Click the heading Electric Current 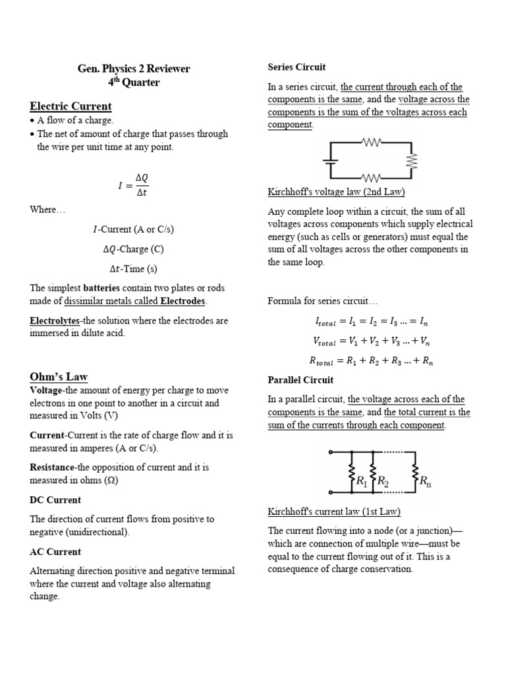[x=70, y=106]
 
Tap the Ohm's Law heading [x=59, y=377]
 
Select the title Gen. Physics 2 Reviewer [x=134, y=69]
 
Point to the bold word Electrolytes [x=54, y=321]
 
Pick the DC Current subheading [x=55, y=500]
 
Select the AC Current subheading [x=55, y=552]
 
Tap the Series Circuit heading [x=296, y=67]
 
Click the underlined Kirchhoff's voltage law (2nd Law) [x=336, y=192]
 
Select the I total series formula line [x=371, y=322]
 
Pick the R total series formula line [x=371, y=361]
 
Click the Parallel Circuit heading [x=300, y=380]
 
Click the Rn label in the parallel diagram [x=425, y=482]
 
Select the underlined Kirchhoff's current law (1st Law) [x=334, y=512]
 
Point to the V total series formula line [x=371, y=341]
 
